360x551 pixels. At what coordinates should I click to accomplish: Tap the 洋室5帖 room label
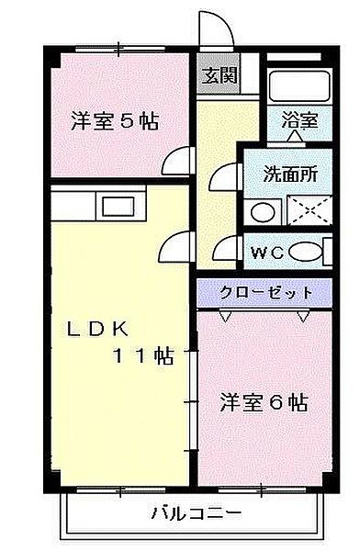[x=115, y=121]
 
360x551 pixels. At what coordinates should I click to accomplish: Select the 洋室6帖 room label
[x=264, y=403]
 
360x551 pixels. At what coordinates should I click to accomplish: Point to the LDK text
[x=98, y=330]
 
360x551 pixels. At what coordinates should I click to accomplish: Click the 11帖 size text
[x=143, y=355]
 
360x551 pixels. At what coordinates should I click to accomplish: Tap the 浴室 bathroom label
[x=300, y=120]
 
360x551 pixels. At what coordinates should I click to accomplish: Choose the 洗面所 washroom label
[x=291, y=174]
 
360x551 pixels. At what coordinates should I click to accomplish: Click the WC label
[x=268, y=253]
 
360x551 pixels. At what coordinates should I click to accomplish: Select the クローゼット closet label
[x=266, y=293]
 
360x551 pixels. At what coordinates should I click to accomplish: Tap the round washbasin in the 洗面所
[x=263, y=212]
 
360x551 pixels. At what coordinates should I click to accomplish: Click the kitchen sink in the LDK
[x=118, y=207]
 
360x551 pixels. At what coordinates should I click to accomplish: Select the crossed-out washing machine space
[x=309, y=210]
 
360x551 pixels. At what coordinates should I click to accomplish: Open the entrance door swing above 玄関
[x=216, y=28]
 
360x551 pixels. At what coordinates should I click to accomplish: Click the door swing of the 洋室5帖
[x=178, y=161]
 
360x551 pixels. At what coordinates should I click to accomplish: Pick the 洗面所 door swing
[x=224, y=177]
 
